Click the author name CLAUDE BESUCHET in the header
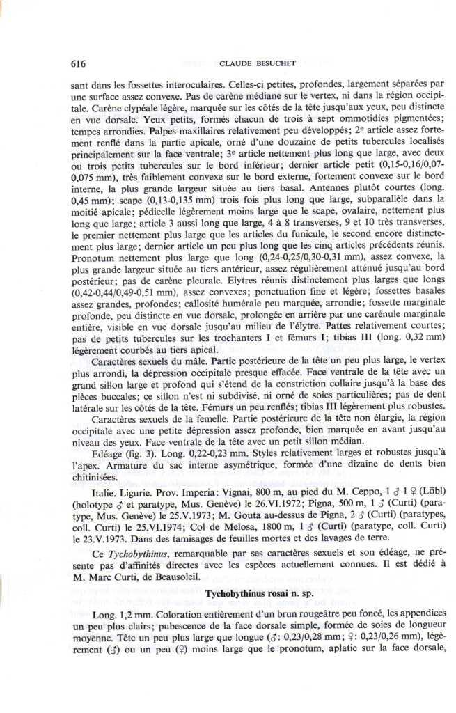(x=257, y=63)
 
